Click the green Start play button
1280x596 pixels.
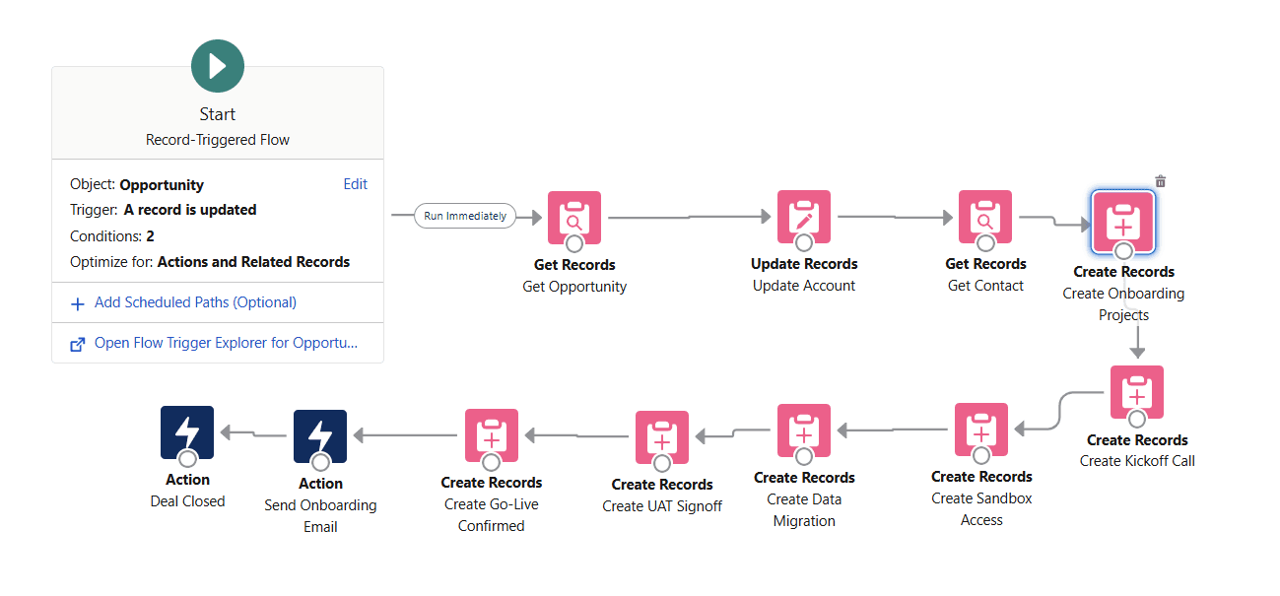click(218, 66)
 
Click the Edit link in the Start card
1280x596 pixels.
click(355, 184)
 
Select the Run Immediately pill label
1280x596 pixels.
click(465, 216)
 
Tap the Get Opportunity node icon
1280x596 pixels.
click(574, 217)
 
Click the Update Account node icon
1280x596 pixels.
click(804, 217)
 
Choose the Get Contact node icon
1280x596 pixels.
click(985, 217)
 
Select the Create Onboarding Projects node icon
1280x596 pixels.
click(1123, 222)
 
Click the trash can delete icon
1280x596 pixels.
click(1161, 181)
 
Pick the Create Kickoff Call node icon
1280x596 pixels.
click(1137, 392)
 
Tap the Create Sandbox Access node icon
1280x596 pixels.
click(981, 430)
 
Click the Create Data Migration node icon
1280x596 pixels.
click(804, 430)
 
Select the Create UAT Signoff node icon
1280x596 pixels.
click(662, 437)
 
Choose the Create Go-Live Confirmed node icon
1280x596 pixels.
click(492, 435)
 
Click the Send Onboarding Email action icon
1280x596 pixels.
click(320, 436)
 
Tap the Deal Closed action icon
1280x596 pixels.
click(187, 433)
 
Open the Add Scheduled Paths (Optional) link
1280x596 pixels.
click(195, 302)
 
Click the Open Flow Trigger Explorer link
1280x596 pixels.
click(226, 344)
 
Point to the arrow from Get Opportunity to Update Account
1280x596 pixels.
click(690, 217)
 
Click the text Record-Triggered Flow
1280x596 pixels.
click(218, 140)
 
